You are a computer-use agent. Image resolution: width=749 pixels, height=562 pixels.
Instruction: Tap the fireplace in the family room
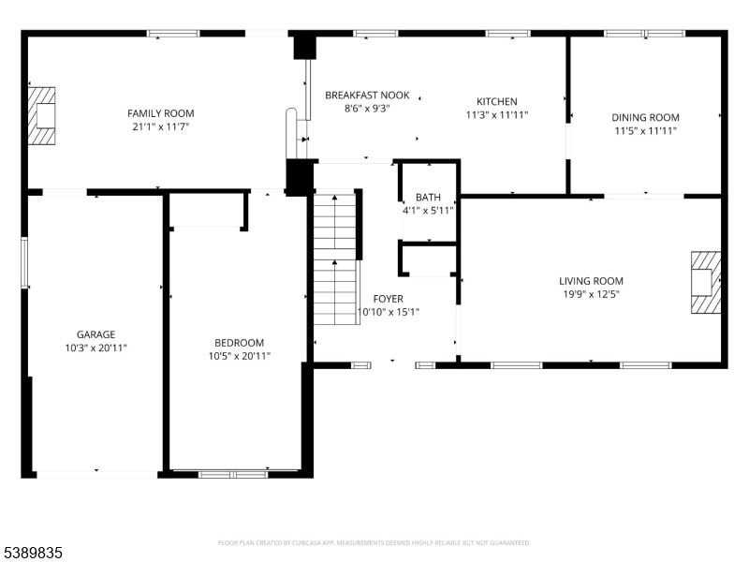[42, 116]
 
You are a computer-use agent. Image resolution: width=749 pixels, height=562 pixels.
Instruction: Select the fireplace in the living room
[705, 282]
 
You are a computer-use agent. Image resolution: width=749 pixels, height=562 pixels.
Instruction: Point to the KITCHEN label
[496, 102]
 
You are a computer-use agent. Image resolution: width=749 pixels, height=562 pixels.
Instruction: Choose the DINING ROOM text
[645, 118]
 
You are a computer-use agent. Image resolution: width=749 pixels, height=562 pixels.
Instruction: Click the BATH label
[428, 198]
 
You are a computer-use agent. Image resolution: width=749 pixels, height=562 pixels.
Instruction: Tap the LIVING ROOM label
[591, 281]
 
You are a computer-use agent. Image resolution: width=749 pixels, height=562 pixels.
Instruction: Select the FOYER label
[388, 299]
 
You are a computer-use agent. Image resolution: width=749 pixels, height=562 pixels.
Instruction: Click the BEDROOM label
[239, 343]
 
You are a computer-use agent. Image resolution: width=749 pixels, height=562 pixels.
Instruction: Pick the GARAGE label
[95, 334]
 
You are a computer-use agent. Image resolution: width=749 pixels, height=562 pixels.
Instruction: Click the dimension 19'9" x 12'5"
[591, 294]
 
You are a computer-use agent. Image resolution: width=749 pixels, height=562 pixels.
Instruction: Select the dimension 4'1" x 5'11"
[428, 211]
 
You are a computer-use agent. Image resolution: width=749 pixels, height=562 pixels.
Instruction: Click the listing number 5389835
[33, 554]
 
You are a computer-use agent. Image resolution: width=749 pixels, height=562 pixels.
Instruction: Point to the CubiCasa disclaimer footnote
[374, 542]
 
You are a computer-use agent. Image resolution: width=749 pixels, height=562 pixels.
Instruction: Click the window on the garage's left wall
[25, 262]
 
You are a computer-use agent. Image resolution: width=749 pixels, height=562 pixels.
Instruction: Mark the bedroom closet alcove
[208, 211]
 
